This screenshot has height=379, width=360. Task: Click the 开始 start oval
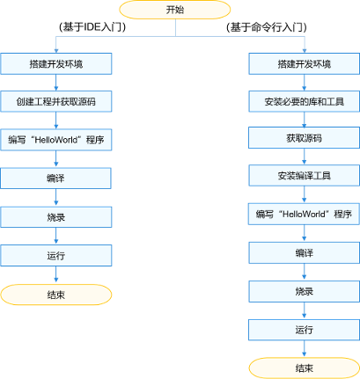tap(175, 10)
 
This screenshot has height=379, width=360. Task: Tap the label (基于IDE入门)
tap(92, 27)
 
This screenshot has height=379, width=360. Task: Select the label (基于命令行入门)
tap(267, 27)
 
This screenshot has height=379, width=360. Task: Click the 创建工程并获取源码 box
tap(56, 101)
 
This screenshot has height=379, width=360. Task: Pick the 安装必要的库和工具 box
tap(305, 101)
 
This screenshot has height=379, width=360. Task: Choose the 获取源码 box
tap(305, 138)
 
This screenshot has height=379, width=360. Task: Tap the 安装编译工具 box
tap(305, 176)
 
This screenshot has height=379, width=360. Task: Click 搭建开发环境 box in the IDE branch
tap(56, 63)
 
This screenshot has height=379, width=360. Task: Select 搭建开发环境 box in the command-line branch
tap(305, 63)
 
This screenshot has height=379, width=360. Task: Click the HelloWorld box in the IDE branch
tap(56, 140)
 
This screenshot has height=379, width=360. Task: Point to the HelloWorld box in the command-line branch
tap(305, 214)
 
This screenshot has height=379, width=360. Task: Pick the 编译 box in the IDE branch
tap(55, 179)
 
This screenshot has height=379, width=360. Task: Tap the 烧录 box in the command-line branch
tap(305, 291)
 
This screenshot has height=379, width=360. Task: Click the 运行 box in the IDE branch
tap(56, 256)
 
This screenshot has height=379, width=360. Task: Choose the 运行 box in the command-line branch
tap(305, 330)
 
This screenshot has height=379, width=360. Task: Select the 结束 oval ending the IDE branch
tap(56, 295)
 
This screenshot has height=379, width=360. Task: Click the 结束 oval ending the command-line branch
tap(305, 368)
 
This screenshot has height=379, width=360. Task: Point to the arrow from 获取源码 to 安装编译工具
tap(305, 157)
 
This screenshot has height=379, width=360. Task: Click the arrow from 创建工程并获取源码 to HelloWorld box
tap(56, 120)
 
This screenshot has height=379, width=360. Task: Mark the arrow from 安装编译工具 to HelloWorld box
tap(305, 194)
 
